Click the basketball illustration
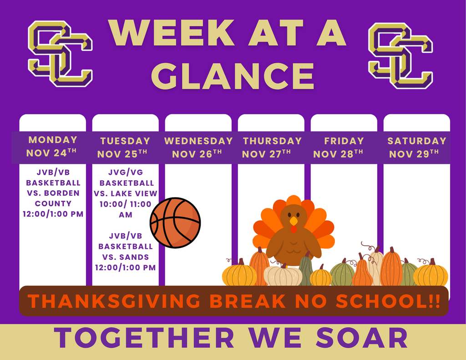[175, 223]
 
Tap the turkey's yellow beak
[294, 221]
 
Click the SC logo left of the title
[61, 54]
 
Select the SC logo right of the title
[400, 56]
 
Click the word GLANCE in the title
[233, 76]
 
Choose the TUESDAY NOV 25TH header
[124, 147]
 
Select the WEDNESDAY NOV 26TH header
[198, 147]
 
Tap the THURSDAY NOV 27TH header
[272, 147]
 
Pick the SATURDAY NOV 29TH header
[417, 147]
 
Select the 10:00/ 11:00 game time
[126, 204]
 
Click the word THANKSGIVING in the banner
[114, 301]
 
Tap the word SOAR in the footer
[362, 338]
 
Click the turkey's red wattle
[294, 229]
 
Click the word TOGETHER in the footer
[144, 338]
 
